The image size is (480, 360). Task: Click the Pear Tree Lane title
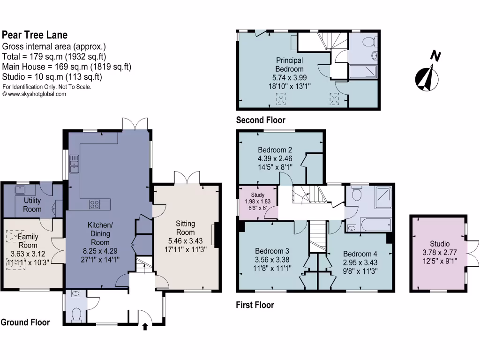point(35,35)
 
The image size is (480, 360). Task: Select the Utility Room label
point(32,205)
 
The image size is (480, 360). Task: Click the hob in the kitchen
point(94,204)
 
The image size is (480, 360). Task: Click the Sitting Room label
point(185,228)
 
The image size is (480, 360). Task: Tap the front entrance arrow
point(145,326)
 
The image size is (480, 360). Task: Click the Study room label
point(257,195)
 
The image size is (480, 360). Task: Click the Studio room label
point(440,244)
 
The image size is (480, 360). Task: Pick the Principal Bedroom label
point(289,65)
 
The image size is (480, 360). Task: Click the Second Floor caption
point(260,120)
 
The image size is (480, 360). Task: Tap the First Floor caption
point(255,305)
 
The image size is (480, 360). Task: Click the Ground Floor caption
point(25,322)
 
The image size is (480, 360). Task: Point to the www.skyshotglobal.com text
point(34,94)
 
